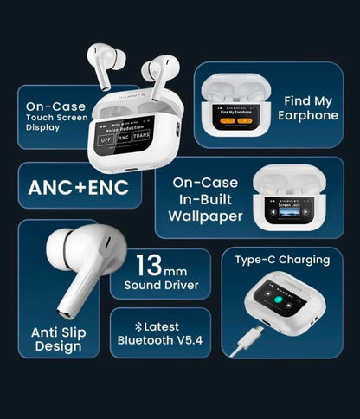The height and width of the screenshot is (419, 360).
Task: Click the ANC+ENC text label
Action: tap(79, 188)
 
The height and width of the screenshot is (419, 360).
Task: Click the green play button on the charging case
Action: tap(280, 300)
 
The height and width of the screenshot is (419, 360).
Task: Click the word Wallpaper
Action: tap(207, 216)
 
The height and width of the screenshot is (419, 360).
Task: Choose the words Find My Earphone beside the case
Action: tap(308, 108)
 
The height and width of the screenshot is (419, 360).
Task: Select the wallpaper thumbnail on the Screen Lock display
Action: tap(285, 210)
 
